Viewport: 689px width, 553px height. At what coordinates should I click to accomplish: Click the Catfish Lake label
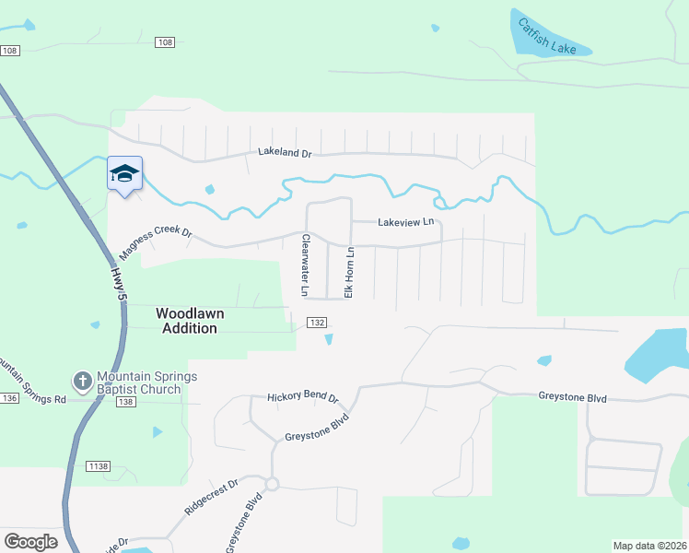(546, 36)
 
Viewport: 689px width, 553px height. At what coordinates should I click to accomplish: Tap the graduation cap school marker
(125, 173)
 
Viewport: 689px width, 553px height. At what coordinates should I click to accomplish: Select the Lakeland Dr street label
(285, 151)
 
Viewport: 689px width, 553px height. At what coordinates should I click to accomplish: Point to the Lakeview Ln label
(405, 222)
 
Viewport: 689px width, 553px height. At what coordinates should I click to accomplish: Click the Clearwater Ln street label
(305, 265)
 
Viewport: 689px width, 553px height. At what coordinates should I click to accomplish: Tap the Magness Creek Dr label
(155, 243)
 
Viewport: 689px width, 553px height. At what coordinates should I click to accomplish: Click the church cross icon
(82, 380)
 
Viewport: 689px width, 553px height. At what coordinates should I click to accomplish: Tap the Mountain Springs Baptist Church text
(139, 382)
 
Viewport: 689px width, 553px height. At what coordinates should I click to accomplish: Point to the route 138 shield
(126, 402)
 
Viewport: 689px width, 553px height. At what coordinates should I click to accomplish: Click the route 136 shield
(9, 398)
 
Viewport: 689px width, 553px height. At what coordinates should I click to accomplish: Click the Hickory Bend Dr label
(303, 398)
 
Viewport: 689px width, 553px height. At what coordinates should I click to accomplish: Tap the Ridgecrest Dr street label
(211, 496)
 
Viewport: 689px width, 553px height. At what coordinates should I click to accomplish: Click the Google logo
(30, 542)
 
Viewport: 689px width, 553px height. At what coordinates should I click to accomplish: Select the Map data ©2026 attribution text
(649, 546)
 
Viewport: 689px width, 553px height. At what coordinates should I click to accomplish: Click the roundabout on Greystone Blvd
(272, 484)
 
